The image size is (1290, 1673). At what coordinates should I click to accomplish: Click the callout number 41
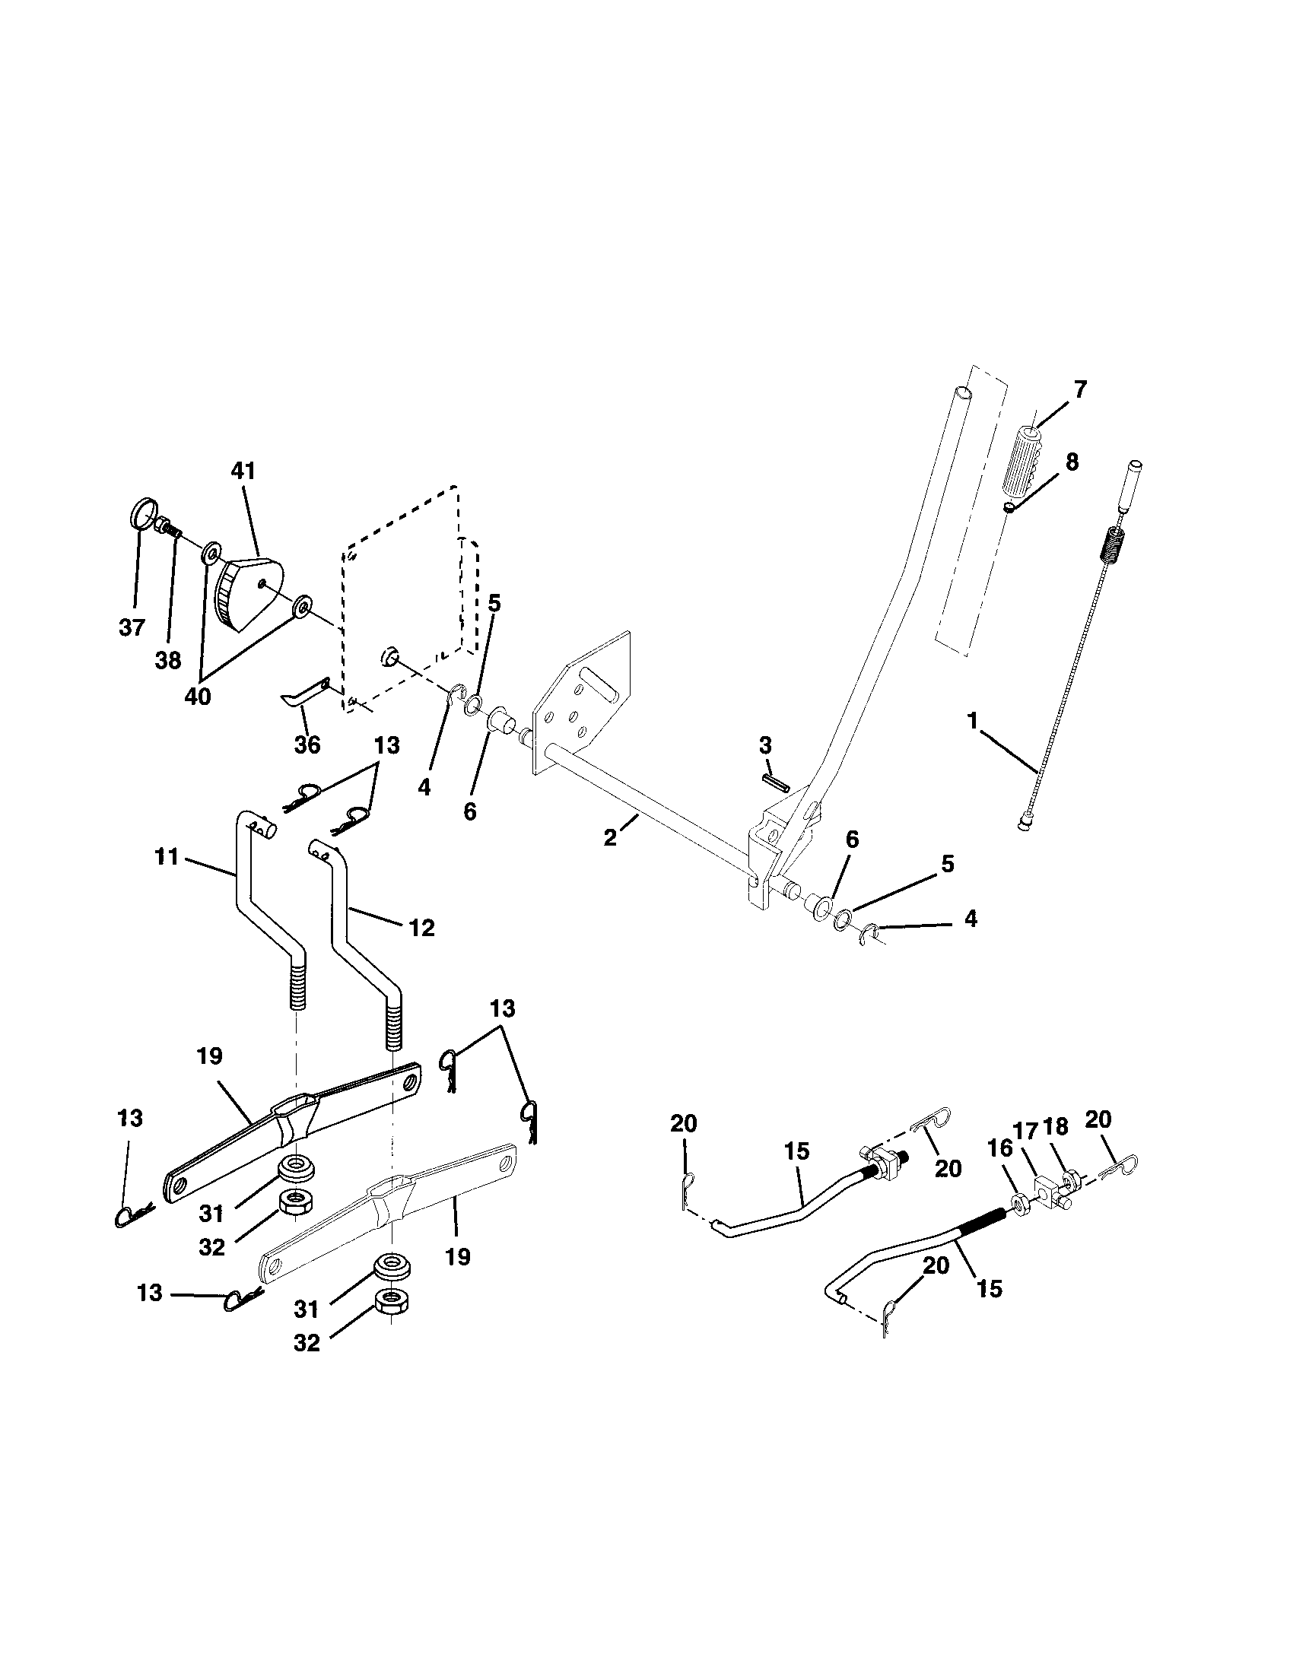[x=243, y=471]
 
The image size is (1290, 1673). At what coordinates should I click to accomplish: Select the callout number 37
[x=132, y=628]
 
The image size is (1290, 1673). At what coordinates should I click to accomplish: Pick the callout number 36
[x=307, y=744]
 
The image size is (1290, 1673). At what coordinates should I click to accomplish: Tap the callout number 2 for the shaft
[x=610, y=838]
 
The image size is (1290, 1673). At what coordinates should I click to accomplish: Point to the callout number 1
[x=973, y=721]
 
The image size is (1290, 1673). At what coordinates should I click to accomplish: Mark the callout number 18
[x=1055, y=1126]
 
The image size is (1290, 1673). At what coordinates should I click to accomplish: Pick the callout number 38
[x=169, y=659]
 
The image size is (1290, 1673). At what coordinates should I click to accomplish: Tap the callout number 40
[x=198, y=698]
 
